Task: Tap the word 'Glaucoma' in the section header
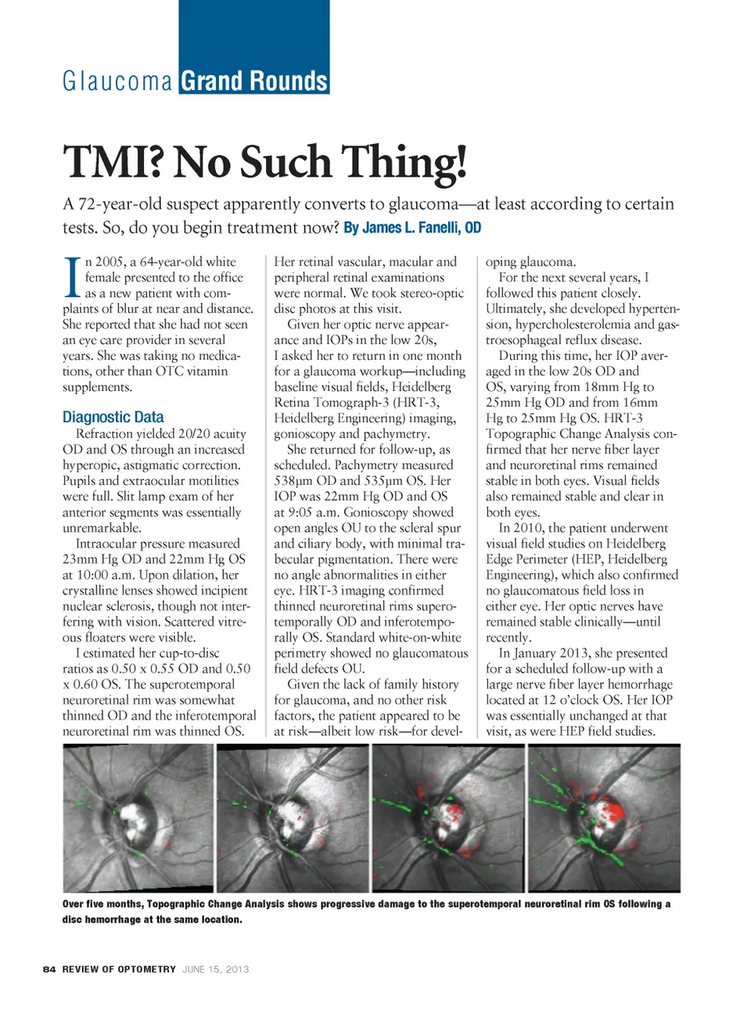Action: point(117,81)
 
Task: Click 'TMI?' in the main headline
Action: point(113,162)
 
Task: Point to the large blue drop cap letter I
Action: point(71,278)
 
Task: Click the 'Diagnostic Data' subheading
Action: point(113,417)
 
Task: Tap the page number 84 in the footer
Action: point(49,969)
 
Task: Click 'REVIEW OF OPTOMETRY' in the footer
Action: point(119,969)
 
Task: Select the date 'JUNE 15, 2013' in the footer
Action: point(216,969)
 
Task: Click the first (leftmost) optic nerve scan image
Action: point(138,817)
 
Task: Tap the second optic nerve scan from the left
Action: point(293,817)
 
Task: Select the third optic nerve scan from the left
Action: point(448,817)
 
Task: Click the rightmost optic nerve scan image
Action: point(604,817)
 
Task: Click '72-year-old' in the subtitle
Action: point(120,204)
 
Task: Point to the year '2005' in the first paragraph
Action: point(111,262)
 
